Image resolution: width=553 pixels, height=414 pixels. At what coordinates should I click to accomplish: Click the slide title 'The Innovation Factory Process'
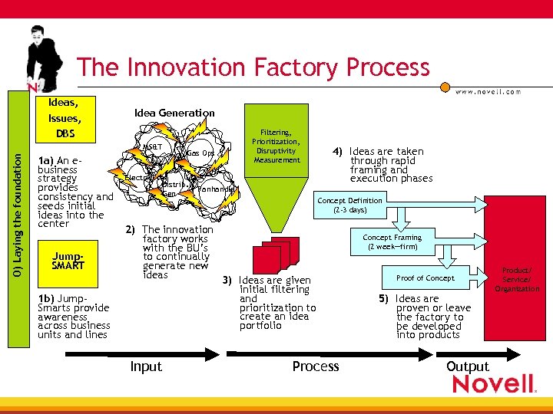[x=253, y=67]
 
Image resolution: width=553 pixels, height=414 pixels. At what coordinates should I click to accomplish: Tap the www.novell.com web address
[x=488, y=91]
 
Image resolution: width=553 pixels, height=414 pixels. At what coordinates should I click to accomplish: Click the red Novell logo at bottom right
[x=492, y=383]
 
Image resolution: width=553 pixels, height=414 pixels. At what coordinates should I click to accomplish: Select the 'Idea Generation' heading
[x=174, y=113]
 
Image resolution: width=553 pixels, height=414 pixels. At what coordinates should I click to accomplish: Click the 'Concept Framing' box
[x=392, y=242]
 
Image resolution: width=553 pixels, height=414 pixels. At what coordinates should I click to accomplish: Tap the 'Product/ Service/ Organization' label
[x=517, y=279]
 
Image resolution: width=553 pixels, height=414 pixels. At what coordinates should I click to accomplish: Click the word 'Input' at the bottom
[x=146, y=366]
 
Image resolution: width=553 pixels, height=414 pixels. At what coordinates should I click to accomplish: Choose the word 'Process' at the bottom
[x=316, y=366]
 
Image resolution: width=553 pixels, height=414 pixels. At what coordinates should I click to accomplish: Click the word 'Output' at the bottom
[x=467, y=366]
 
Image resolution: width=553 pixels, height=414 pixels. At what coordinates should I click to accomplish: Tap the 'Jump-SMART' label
[x=68, y=261]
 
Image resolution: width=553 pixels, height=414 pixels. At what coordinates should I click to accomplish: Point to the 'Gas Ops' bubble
[x=200, y=153]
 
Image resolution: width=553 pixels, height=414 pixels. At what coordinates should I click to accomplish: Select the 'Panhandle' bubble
[x=216, y=189]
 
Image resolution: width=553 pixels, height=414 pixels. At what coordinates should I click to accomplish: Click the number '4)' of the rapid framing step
[x=337, y=152]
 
